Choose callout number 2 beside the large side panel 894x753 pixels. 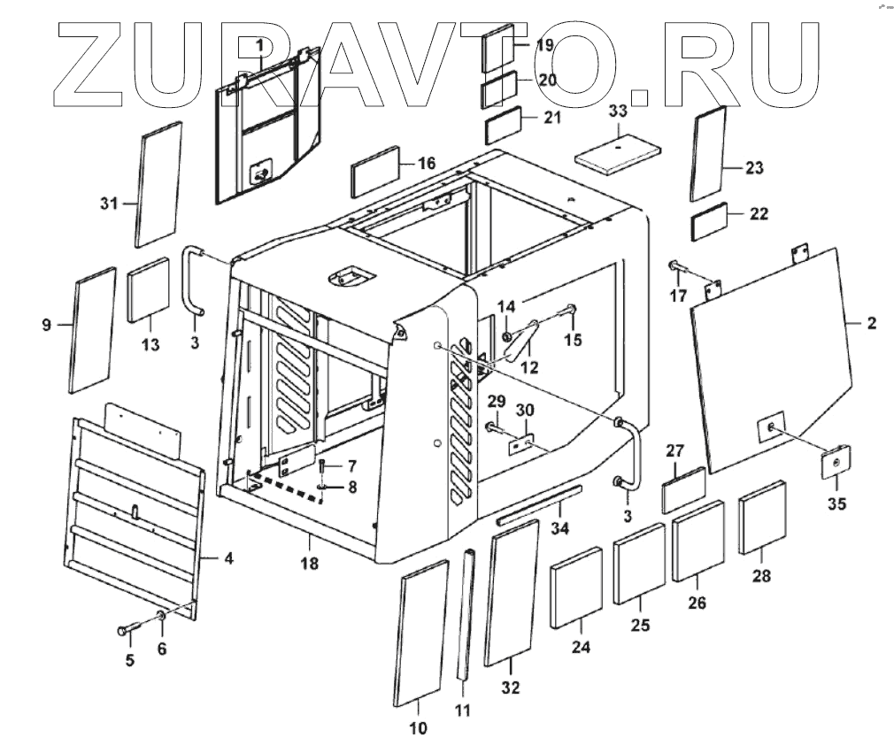pos(871,325)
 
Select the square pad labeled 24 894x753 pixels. pos(576,587)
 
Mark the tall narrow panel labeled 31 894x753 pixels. pos(158,185)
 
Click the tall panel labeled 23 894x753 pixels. pos(709,155)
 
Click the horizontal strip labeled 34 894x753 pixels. pos(538,505)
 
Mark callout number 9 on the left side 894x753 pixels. pos(46,326)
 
